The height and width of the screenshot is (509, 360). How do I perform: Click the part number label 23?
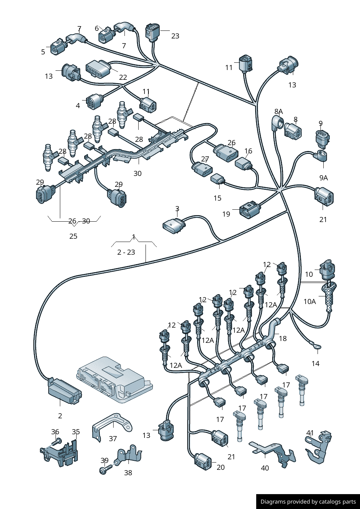pyautogui.click(x=175, y=36)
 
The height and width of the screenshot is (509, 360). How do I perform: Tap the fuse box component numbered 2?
pyautogui.click(x=65, y=391)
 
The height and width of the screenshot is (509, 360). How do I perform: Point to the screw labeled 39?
pyautogui.click(x=103, y=470)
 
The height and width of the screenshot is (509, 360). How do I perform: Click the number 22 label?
pyautogui.click(x=123, y=77)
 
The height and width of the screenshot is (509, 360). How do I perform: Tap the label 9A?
pyautogui.click(x=323, y=178)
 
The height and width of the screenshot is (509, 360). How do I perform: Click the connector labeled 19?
pyautogui.click(x=250, y=210)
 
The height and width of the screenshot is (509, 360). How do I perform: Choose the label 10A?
pyautogui.click(x=310, y=301)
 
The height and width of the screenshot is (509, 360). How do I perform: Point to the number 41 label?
pyautogui.click(x=310, y=433)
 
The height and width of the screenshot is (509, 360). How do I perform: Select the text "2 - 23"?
pyautogui.click(x=126, y=252)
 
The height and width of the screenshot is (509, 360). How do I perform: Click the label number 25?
pyautogui.click(x=73, y=236)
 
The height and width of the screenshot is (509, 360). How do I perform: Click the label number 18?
pyautogui.click(x=283, y=338)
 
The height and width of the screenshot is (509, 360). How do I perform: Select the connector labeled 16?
pyautogui.click(x=244, y=164)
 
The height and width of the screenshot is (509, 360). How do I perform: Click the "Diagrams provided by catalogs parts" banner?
pyautogui.click(x=308, y=502)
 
